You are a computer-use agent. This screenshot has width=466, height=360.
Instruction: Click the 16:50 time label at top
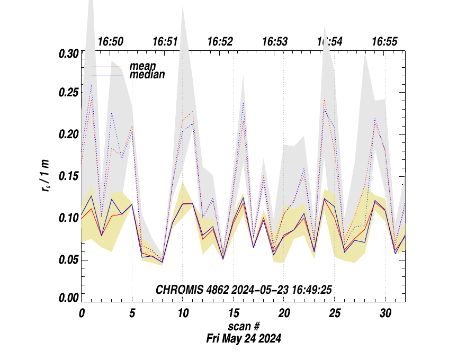[111, 42]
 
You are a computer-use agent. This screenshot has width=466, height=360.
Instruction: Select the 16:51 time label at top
[165, 42]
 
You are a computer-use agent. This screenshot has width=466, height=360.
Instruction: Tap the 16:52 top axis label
[220, 42]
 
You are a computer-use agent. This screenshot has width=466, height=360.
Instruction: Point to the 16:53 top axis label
[275, 42]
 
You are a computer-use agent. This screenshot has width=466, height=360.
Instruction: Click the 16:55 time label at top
[384, 42]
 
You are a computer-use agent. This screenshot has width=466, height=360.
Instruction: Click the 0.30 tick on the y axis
[68, 53]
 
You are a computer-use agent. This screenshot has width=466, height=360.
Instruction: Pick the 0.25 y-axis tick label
[68, 94]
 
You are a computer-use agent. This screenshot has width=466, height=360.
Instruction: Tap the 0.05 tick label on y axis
[68, 260]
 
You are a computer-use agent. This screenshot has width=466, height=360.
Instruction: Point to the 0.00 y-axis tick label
[68, 298]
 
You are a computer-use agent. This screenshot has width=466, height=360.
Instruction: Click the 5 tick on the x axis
[132, 313]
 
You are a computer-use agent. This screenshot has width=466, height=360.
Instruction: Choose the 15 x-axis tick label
[232, 313]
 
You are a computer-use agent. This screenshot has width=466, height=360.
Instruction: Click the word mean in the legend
[142, 66]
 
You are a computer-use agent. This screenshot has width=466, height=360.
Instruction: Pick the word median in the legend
[147, 75]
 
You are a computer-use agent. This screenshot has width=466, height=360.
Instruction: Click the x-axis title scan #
[244, 326]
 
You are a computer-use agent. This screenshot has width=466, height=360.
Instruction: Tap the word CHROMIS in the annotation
[177, 290]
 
